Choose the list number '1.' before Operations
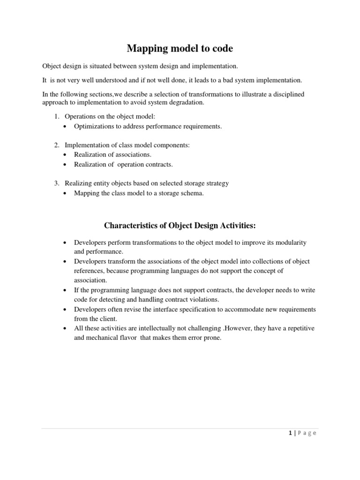58,116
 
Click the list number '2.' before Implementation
58,145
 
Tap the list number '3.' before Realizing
58,183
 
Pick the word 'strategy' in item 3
217,183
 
